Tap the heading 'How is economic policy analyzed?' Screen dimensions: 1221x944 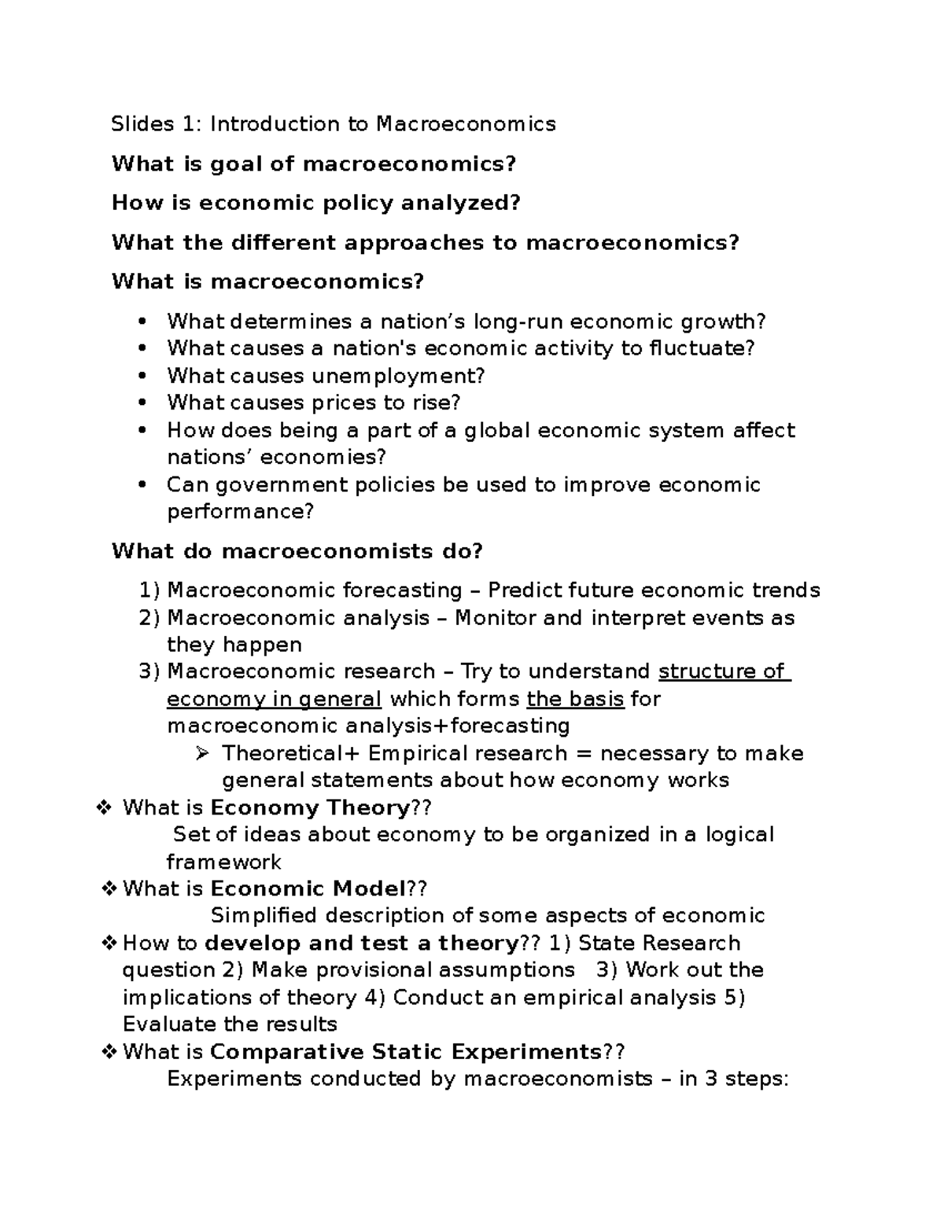(x=315, y=203)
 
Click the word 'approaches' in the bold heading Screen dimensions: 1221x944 (x=415, y=242)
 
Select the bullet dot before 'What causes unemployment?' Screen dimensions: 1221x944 (x=142, y=376)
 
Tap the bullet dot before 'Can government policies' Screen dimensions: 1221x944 (x=142, y=484)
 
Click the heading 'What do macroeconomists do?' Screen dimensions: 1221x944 (x=297, y=551)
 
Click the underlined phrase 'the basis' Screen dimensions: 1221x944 (x=575, y=699)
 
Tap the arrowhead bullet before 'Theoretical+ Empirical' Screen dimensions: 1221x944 (x=202, y=753)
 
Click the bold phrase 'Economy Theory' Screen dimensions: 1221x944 (x=312, y=808)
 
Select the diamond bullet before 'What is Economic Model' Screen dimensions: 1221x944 (x=109, y=889)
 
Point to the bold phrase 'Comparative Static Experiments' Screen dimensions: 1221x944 (x=406, y=1052)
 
